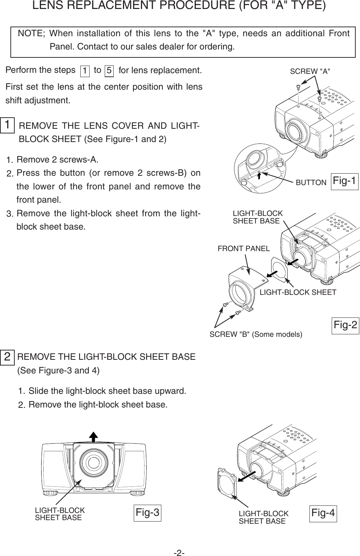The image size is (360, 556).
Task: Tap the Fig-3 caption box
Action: point(147,513)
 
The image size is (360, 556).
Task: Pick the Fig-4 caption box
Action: point(323,513)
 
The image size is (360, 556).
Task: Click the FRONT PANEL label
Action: point(243,248)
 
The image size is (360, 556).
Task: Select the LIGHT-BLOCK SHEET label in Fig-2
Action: point(298,292)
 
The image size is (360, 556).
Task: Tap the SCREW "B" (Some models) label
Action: point(256,335)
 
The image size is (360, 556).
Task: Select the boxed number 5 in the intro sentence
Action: point(109,71)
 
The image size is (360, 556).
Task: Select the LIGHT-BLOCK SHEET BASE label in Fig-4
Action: point(263,518)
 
